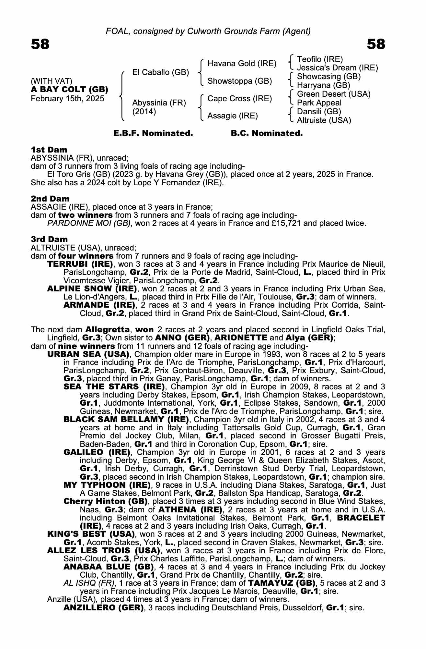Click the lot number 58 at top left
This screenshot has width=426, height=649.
coord(40,44)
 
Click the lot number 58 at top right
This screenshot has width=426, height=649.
coord(376,44)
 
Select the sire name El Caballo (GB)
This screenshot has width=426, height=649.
coord(160,72)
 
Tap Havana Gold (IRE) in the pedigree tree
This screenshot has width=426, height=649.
coord(242,64)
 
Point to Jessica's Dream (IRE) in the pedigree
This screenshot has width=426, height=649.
coord(337,68)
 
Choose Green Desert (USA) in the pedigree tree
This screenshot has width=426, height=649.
coord(334,94)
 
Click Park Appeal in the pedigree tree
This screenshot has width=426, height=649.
coord(319,103)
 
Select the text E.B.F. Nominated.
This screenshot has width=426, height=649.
coord(153,133)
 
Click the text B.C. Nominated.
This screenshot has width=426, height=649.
coord(267,133)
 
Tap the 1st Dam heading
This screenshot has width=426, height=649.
coord(49,150)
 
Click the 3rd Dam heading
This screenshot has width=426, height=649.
coord(49,239)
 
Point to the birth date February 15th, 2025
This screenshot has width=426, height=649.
coord(67,99)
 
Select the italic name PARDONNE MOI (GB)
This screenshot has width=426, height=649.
coord(89,223)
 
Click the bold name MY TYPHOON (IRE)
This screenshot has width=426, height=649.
coord(107,485)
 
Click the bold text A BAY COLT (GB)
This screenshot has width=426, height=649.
coord(69,90)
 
